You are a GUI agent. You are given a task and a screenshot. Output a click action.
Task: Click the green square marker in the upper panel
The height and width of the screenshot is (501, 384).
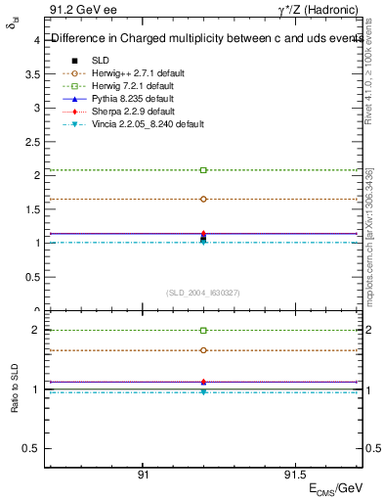click(203, 170)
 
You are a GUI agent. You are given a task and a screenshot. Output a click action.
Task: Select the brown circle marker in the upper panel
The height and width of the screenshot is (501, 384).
click(203, 199)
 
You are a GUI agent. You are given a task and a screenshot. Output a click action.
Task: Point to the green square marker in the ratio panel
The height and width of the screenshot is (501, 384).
click(203, 331)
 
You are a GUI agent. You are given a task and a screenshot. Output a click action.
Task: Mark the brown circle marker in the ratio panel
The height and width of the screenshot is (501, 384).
click(203, 350)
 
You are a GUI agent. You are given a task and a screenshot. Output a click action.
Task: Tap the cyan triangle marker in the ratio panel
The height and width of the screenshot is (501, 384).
click(203, 392)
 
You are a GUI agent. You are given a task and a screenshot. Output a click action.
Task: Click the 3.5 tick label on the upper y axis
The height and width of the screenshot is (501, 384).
click(32, 73)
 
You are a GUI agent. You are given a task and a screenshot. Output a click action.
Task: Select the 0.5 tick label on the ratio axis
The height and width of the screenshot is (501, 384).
click(32, 448)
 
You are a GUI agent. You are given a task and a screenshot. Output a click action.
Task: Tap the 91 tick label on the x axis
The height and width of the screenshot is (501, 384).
click(143, 475)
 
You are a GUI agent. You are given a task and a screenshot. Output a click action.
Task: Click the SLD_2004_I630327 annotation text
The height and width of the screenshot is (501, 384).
click(203, 292)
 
